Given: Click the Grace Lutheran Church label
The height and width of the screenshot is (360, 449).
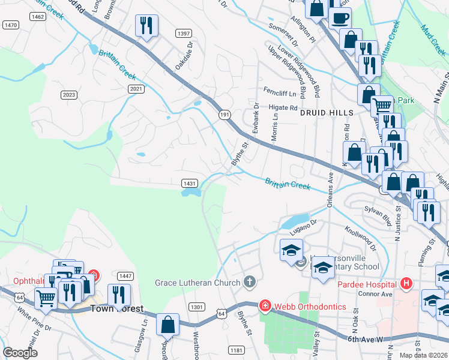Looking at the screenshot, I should coord(197,282).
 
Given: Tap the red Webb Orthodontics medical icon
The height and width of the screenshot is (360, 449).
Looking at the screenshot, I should coord(265,307).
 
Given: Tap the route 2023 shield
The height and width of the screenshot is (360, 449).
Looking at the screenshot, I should coord(69,95).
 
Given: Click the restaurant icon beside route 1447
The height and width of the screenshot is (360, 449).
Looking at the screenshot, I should coord(119,294).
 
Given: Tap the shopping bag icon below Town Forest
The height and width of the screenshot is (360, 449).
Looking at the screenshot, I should coord(168,324).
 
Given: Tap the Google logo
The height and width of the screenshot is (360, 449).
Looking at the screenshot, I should coord(20,353).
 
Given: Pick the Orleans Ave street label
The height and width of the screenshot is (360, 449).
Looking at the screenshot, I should coord(330,191).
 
